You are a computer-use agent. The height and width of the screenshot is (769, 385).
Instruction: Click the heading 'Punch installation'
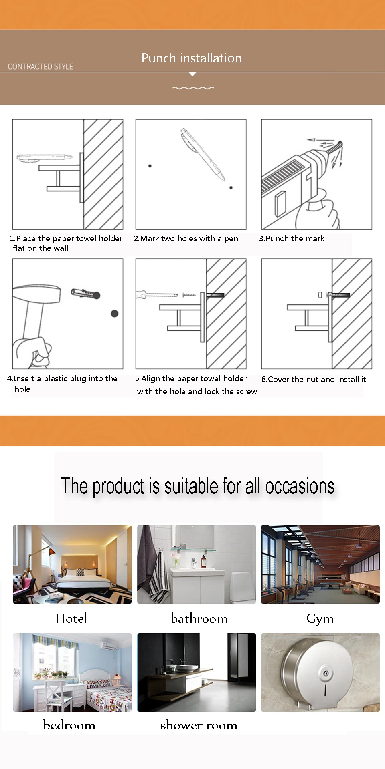coord(192,58)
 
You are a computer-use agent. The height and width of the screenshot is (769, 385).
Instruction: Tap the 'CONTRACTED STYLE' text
coord(41,66)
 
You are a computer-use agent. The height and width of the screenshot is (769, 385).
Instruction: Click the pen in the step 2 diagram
coord(203,154)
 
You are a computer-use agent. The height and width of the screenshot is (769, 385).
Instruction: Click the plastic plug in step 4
coord(85,294)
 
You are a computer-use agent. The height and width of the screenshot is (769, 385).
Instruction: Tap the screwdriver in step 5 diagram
coord(157,295)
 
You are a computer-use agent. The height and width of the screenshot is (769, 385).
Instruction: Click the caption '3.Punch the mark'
coord(292,238)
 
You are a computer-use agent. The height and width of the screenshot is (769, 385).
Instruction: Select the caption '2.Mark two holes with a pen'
coord(186,239)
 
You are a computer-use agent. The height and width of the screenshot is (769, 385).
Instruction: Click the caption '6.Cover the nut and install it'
coord(314,379)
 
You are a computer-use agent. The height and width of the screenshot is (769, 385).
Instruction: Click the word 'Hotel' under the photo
coord(71,618)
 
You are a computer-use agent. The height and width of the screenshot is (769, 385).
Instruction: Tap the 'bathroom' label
coord(199,618)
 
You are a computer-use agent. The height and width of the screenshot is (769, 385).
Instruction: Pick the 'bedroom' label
coord(69,725)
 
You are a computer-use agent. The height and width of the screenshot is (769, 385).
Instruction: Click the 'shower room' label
coord(199,725)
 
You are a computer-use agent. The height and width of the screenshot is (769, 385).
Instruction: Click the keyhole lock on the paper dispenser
coord(326,674)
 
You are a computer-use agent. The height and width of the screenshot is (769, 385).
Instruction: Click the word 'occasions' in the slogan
coord(300,486)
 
